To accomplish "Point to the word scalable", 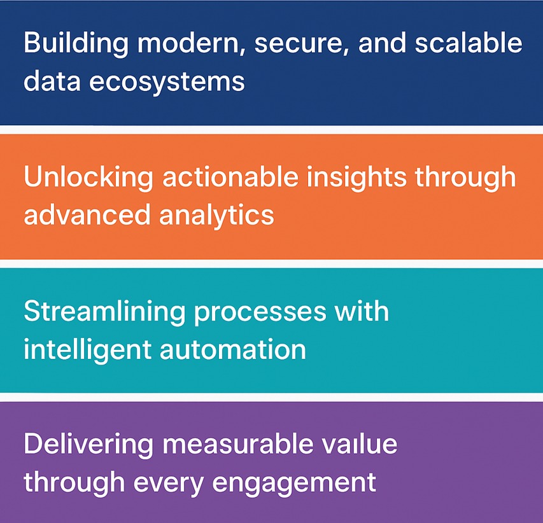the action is click(469, 42).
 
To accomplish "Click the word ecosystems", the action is click(167, 83).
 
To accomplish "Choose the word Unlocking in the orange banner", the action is click(88, 178).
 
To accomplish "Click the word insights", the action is click(356, 178).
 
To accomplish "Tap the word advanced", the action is click(87, 214).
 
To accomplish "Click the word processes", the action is click(260, 313).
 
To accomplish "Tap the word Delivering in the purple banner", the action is click(88, 445).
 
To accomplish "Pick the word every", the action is click(168, 484).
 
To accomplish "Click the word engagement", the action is click(294, 484).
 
